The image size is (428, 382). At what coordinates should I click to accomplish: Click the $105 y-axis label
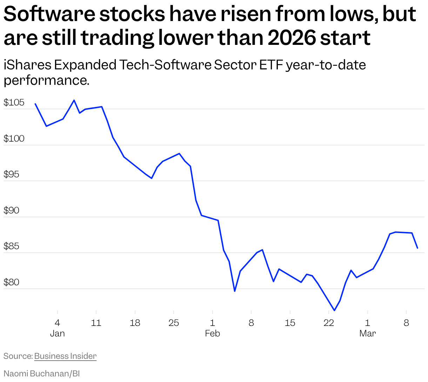click(14, 103)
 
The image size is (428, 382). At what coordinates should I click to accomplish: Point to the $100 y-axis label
click(14, 139)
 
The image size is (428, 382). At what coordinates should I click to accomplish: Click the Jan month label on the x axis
click(57, 333)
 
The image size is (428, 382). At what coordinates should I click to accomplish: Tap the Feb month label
click(212, 333)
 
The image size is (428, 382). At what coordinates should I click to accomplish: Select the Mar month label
click(367, 333)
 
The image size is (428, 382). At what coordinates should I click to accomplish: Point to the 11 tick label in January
click(96, 323)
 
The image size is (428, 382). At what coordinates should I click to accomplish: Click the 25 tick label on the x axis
click(174, 323)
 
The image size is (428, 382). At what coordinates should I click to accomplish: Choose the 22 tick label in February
click(329, 323)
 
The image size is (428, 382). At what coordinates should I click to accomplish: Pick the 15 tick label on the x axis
click(290, 323)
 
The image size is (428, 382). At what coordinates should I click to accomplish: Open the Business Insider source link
click(65, 356)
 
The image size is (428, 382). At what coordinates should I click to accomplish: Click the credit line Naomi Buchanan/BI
click(42, 374)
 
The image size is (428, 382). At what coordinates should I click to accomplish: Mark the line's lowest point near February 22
click(334, 310)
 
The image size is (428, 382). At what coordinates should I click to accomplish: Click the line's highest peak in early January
click(74, 100)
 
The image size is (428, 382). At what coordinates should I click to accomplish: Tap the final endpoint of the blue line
click(417, 248)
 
